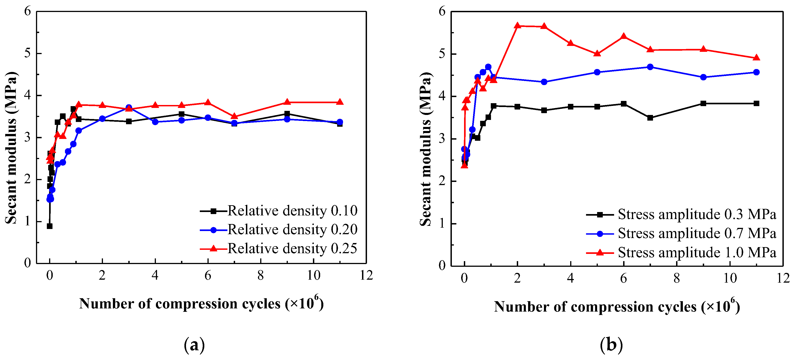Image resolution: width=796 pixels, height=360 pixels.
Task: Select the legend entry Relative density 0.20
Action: point(292,230)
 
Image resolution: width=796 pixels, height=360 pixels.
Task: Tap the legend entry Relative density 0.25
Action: point(292,249)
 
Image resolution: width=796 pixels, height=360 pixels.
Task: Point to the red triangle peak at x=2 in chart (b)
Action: point(517,26)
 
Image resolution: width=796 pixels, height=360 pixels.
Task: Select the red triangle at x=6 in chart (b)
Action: point(624,36)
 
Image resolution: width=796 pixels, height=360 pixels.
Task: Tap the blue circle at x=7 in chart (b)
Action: point(650,67)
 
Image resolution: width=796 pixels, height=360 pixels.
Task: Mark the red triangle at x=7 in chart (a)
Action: point(234,116)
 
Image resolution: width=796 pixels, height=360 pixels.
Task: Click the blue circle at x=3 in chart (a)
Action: point(129,107)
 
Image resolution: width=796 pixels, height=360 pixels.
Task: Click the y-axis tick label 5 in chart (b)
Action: point(442,54)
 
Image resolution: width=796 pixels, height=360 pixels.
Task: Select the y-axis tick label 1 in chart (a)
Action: point(28,221)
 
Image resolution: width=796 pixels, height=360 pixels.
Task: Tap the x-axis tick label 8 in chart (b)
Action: point(677,278)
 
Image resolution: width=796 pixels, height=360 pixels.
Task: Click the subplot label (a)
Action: point(194,345)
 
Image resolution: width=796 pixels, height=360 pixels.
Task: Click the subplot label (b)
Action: point(611,345)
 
